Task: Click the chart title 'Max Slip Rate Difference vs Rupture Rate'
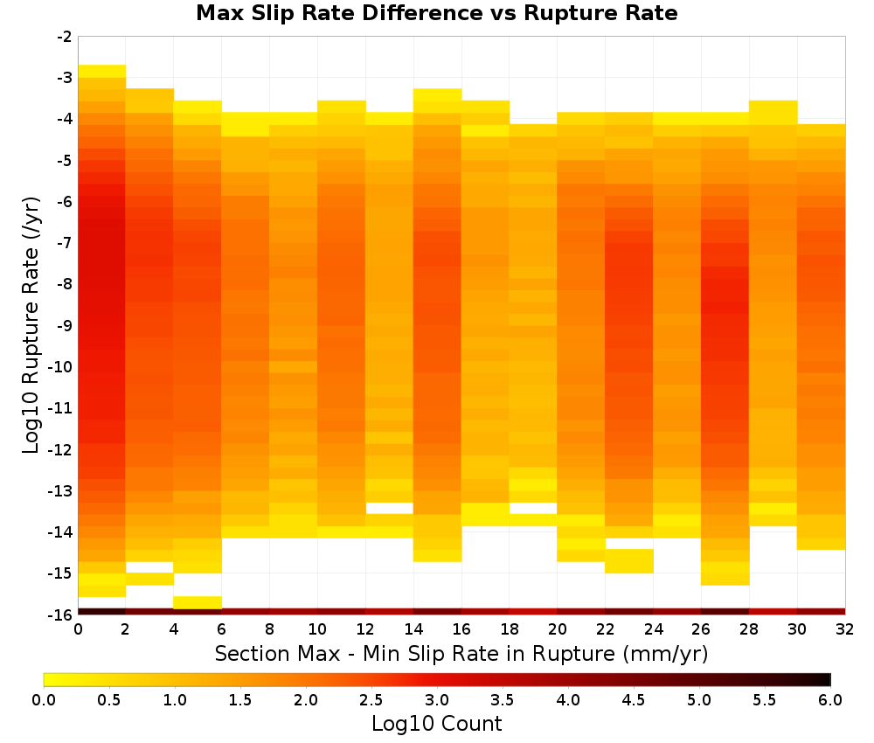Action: click(x=436, y=13)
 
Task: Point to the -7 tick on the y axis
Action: click(x=65, y=243)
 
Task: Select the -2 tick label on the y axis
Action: click(x=65, y=37)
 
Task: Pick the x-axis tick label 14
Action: click(x=413, y=629)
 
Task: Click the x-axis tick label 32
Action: click(x=845, y=629)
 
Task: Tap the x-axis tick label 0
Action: click(x=78, y=629)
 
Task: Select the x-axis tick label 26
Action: click(x=701, y=629)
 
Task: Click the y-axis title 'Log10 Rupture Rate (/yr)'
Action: click(x=31, y=325)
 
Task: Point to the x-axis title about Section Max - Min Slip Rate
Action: click(x=461, y=653)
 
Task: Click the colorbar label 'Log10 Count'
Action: click(x=436, y=724)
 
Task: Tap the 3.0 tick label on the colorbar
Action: click(x=436, y=699)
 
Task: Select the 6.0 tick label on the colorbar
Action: click(x=830, y=699)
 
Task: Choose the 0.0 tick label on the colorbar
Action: click(x=44, y=699)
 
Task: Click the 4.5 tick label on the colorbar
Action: click(x=633, y=699)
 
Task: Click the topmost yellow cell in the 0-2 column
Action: click(x=102, y=72)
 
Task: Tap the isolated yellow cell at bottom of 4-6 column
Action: click(x=198, y=602)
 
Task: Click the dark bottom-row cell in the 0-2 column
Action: click(x=102, y=612)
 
